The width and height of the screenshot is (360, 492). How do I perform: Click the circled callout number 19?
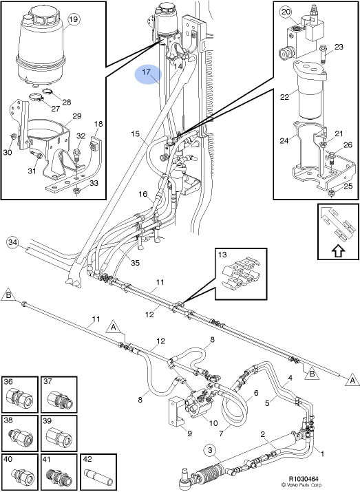click(73, 19)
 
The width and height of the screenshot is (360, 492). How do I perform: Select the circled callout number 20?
click(286, 12)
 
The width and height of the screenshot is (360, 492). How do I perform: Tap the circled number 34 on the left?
click(13, 242)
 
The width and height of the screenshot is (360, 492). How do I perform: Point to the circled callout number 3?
click(210, 451)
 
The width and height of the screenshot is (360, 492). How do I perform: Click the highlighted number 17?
click(147, 72)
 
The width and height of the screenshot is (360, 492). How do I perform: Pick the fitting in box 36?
click(19, 396)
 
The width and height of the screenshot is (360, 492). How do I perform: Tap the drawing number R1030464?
click(304, 479)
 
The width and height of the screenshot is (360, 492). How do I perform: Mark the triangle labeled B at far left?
click(8, 296)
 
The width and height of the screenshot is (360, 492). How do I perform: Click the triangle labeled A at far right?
click(352, 380)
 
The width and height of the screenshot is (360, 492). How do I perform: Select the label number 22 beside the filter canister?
click(284, 97)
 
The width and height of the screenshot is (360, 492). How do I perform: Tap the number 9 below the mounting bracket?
click(189, 434)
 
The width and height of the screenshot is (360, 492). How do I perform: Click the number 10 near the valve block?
click(213, 423)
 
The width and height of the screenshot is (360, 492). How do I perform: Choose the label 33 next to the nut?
click(94, 183)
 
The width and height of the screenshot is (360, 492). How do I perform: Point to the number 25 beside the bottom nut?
click(348, 186)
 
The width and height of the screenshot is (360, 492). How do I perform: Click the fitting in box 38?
click(19, 437)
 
